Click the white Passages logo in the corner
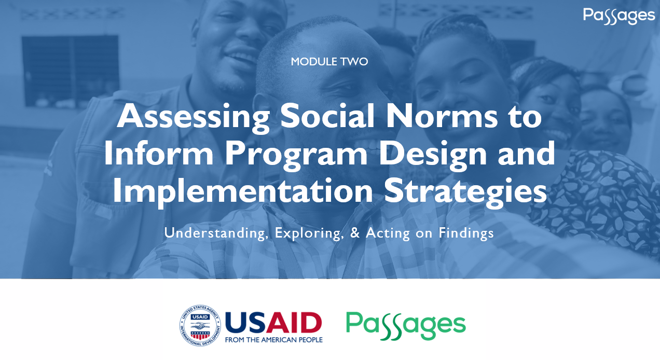point(618,16)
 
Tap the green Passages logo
point(406,326)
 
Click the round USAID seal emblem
point(200,326)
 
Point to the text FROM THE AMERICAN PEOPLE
point(274,340)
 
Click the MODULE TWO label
point(329,62)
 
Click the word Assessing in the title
point(194,117)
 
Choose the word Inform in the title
point(159,153)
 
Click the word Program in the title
point(296,155)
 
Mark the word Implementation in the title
point(243,191)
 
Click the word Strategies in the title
point(465,191)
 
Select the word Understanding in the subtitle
point(216,233)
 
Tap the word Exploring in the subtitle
point(309,233)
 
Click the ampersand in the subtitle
point(355,233)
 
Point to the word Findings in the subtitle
point(466,233)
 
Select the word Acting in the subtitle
point(388,233)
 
